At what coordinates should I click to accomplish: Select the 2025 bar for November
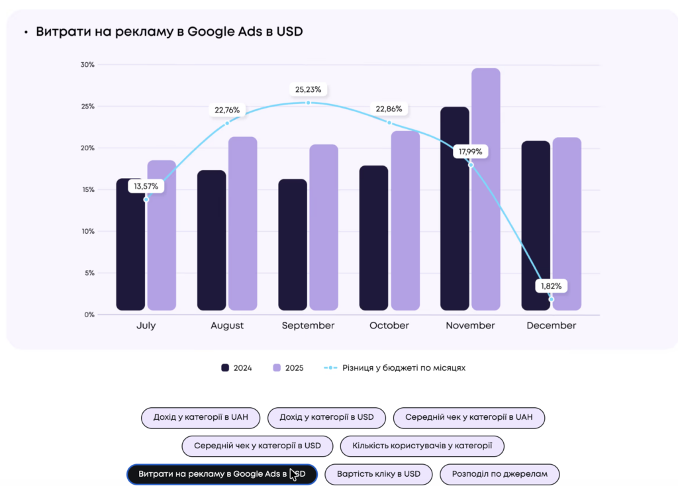point(485,192)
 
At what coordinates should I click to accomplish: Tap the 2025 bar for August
point(242,225)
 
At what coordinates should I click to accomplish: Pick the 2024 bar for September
point(293,245)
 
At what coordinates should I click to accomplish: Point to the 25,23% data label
point(308,89)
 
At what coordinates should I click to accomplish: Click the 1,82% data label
point(551,286)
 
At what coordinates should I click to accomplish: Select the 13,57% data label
point(146,186)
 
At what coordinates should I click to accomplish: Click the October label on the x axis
point(389,326)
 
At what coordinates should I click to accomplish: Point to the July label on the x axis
point(146,326)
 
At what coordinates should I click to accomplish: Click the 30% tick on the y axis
point(88,65)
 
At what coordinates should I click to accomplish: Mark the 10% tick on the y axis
point(88,231)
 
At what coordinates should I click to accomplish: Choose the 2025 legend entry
point(287,368)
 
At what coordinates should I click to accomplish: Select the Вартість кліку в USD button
point(378,474)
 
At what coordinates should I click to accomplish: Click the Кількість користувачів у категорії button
point(422,446)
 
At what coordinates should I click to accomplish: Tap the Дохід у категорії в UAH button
point(200,418)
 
